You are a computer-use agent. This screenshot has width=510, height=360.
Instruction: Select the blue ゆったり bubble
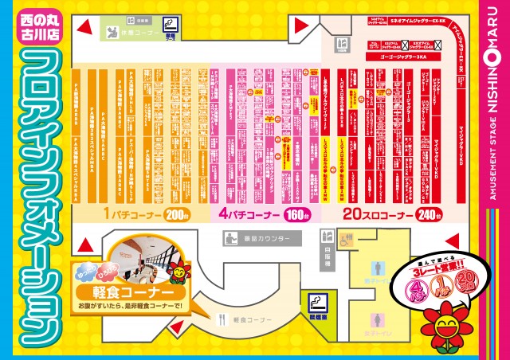83,274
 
